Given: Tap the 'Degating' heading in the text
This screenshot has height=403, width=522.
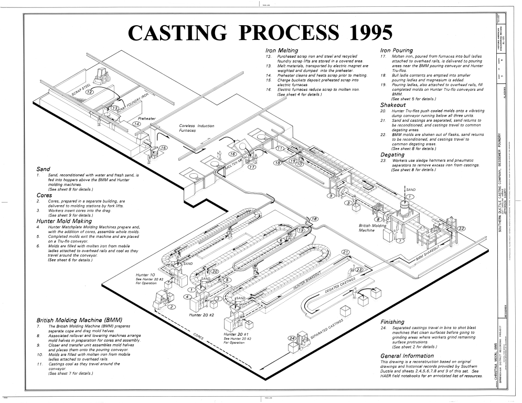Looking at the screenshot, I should [x=392, y=155].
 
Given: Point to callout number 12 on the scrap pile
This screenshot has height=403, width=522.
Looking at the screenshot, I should [x=90, y=92].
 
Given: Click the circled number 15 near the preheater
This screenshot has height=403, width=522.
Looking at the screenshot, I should [x=164, y=148].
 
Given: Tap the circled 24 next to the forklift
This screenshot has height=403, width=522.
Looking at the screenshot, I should [x=292, y=338].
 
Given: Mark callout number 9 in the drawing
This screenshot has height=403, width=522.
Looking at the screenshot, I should [x=331, y=196].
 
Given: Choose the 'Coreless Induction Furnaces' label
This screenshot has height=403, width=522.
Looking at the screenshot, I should [x=197, y=128].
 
